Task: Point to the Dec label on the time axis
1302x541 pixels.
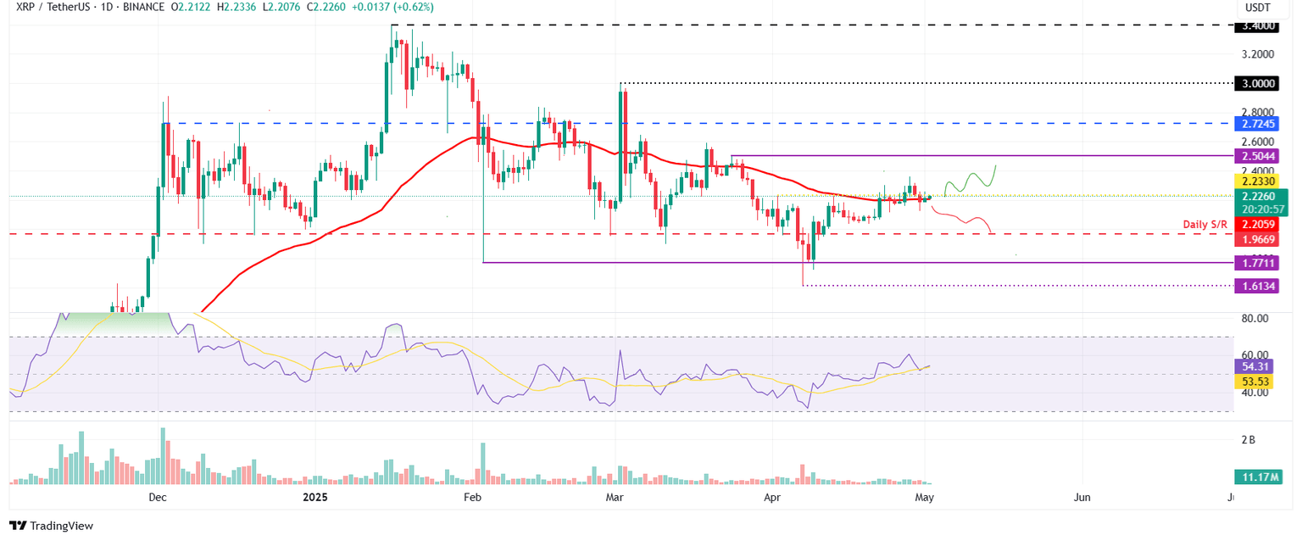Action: coord(157,499)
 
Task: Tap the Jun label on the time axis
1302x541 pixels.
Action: coord(1082,499)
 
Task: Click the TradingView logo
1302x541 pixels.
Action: coord(52,526)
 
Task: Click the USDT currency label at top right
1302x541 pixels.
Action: coord(1263,8)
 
